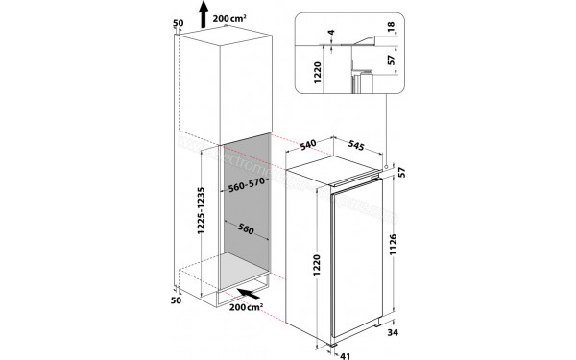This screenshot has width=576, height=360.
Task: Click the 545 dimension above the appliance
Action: coord(356,146)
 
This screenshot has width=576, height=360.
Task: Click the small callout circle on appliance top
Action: coord(388,164)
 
